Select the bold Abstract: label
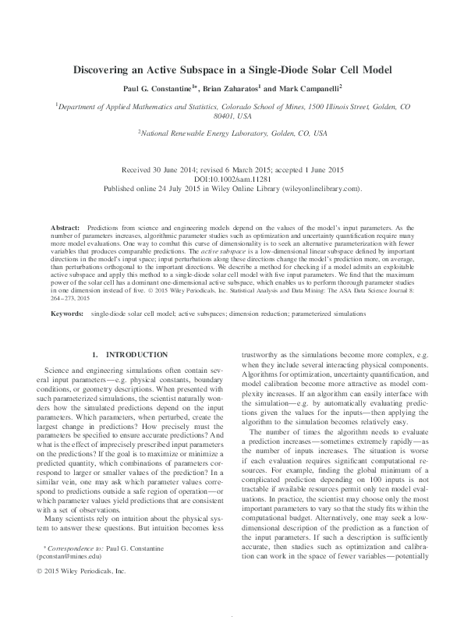point(65,226)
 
